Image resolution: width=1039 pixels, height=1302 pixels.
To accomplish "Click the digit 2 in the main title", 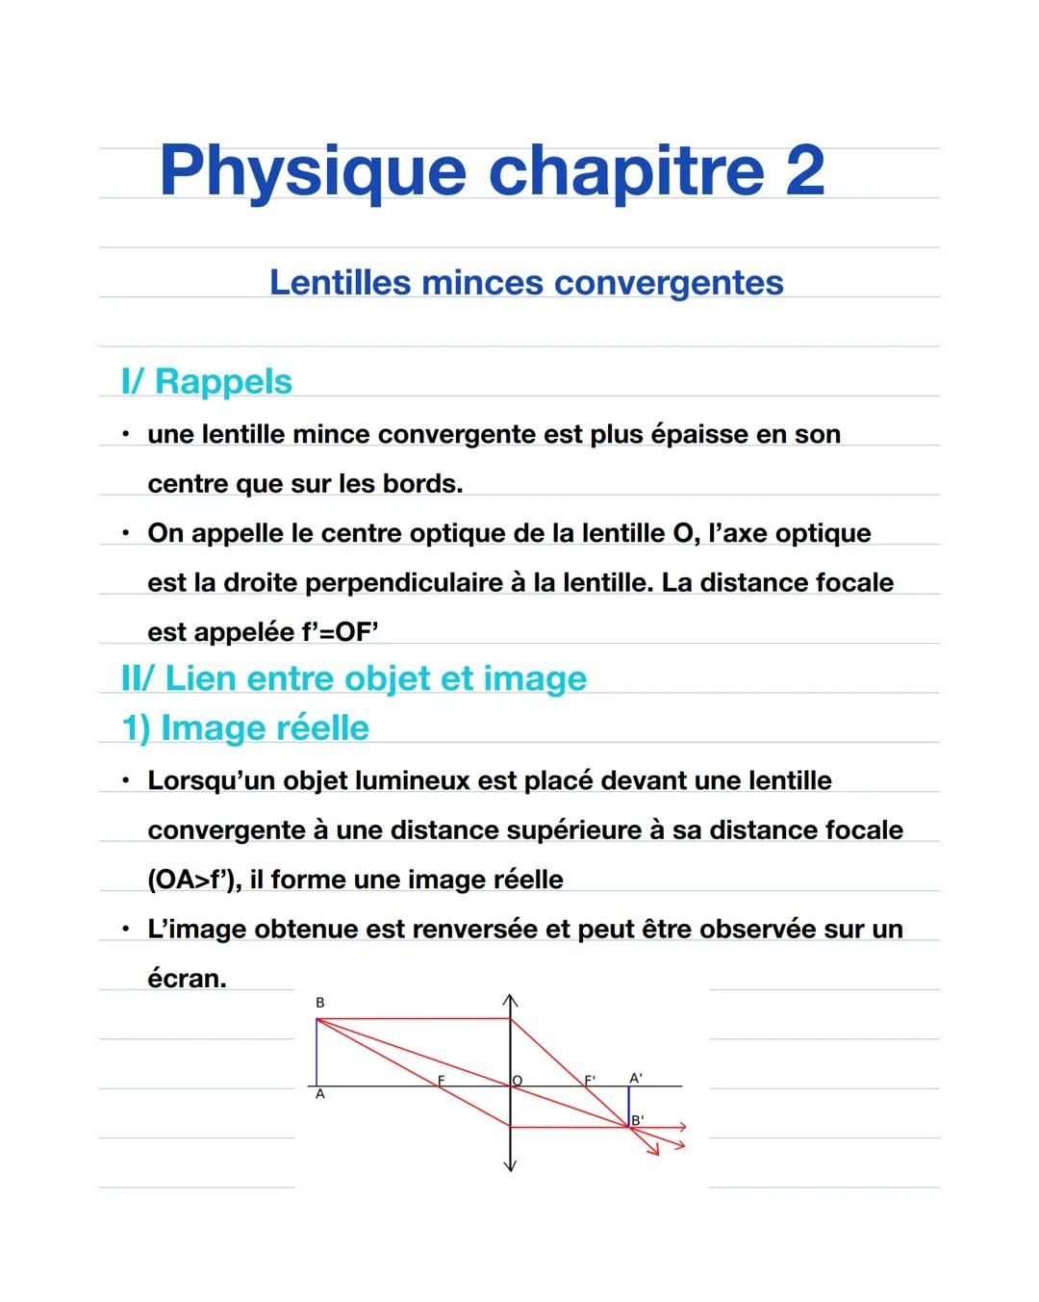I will point(804,170).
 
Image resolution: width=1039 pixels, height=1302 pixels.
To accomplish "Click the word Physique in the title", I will point(312,172).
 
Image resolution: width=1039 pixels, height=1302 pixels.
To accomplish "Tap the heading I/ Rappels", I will point(207,381).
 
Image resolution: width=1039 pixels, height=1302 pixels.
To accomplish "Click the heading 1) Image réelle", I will point(245,728).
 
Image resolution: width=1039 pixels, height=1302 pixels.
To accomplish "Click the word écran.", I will point(186,979).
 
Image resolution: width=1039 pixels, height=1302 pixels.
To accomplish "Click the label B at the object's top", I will point(320,1003).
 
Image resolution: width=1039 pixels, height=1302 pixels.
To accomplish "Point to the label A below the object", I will point(320,1095).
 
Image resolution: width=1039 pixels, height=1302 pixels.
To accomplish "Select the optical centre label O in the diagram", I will point(518,1081).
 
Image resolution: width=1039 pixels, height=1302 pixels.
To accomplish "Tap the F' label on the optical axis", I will point(590,1080).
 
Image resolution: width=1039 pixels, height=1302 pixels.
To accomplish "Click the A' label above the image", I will point(635,1078).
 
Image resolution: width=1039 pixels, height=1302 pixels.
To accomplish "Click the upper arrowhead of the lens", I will point(511,1001).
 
